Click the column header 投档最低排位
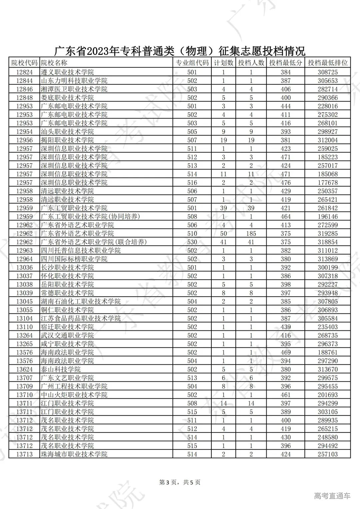tap(328, 63)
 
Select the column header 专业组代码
tap(192, 63)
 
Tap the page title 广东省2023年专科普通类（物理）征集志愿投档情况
tap(180, 51)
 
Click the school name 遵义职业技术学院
tap(67, 72)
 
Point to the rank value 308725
tap(328, 72)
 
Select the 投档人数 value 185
tap(251, 234)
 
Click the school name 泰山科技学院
tap(61, 369)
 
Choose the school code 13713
tap(25, 454)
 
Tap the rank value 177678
tap(328, 183)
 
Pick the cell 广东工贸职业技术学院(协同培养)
tap(90, 217)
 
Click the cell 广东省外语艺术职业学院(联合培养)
tap(94, 242)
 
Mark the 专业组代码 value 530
tap(192, 242)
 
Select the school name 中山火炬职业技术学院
tap(74, 395)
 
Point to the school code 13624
tap(25, 369)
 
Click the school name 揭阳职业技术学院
tap(67, 140)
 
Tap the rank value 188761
tap(328, 352)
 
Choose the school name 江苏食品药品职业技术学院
tap(81, 318)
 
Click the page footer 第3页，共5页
tap(180, 482)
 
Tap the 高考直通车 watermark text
tap(332, 496)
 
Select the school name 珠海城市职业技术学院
tap(74, 454)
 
